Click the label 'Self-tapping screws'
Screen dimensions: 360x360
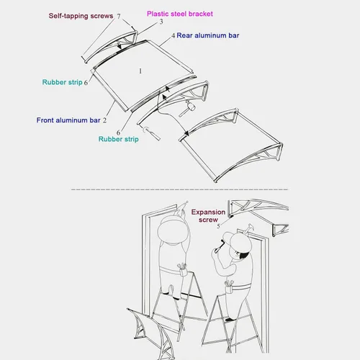point(81,16)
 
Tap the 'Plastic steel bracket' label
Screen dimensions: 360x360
point(180,14)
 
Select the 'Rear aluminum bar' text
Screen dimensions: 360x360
point(208,35)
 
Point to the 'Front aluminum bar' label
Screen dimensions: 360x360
point(68,120)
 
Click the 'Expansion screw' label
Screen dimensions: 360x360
point(208,216)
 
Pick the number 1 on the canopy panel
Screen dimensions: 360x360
point(140,71)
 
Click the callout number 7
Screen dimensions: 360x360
point(119,16)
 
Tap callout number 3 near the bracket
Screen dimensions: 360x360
point(161,22)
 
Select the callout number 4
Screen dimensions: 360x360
point(174,36)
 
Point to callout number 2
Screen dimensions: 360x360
point(104,120)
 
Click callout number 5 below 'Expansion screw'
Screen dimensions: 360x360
point(218,226)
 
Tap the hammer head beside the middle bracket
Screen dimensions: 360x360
point(191,105)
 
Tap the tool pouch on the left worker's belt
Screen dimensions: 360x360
point(182,269)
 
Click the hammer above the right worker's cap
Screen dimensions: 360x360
point(247,228)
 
